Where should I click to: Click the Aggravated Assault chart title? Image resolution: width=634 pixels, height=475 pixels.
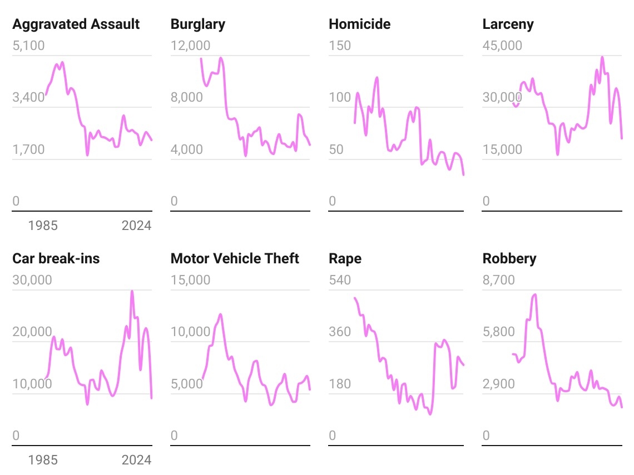pos(76,24)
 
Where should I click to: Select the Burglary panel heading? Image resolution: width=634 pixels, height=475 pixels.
pos(198,24)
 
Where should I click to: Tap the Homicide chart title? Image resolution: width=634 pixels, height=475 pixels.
pos(359,24)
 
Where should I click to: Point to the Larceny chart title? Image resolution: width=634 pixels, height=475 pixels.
pos(508,24)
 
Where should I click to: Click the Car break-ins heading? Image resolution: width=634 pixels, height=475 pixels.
pos(56,259)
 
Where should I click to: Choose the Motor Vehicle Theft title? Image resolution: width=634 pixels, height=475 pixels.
pos(235,259)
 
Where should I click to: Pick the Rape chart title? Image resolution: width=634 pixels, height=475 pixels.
pos(345,259)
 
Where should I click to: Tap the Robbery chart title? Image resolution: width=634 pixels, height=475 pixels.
pos(509,259)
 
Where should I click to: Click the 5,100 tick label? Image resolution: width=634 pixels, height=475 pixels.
pos(28,46)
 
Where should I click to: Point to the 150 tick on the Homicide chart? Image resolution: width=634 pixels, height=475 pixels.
pos(340,46)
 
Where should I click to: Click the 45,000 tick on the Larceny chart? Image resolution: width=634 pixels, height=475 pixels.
pos(502,46)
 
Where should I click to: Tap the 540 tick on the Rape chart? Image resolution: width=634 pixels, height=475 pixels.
pos(340,280)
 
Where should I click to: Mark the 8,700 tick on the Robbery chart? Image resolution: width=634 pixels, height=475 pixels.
pos(498,280)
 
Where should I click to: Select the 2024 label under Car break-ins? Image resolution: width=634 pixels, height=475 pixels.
pos(136,460)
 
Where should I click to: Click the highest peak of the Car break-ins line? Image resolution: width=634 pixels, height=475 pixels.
pos(132,291)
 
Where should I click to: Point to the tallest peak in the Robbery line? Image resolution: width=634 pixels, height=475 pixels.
pos(535,294)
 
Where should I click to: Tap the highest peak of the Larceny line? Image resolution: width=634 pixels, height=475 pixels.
pos(602,57)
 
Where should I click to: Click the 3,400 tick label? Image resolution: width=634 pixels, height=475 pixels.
pos(28,98)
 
